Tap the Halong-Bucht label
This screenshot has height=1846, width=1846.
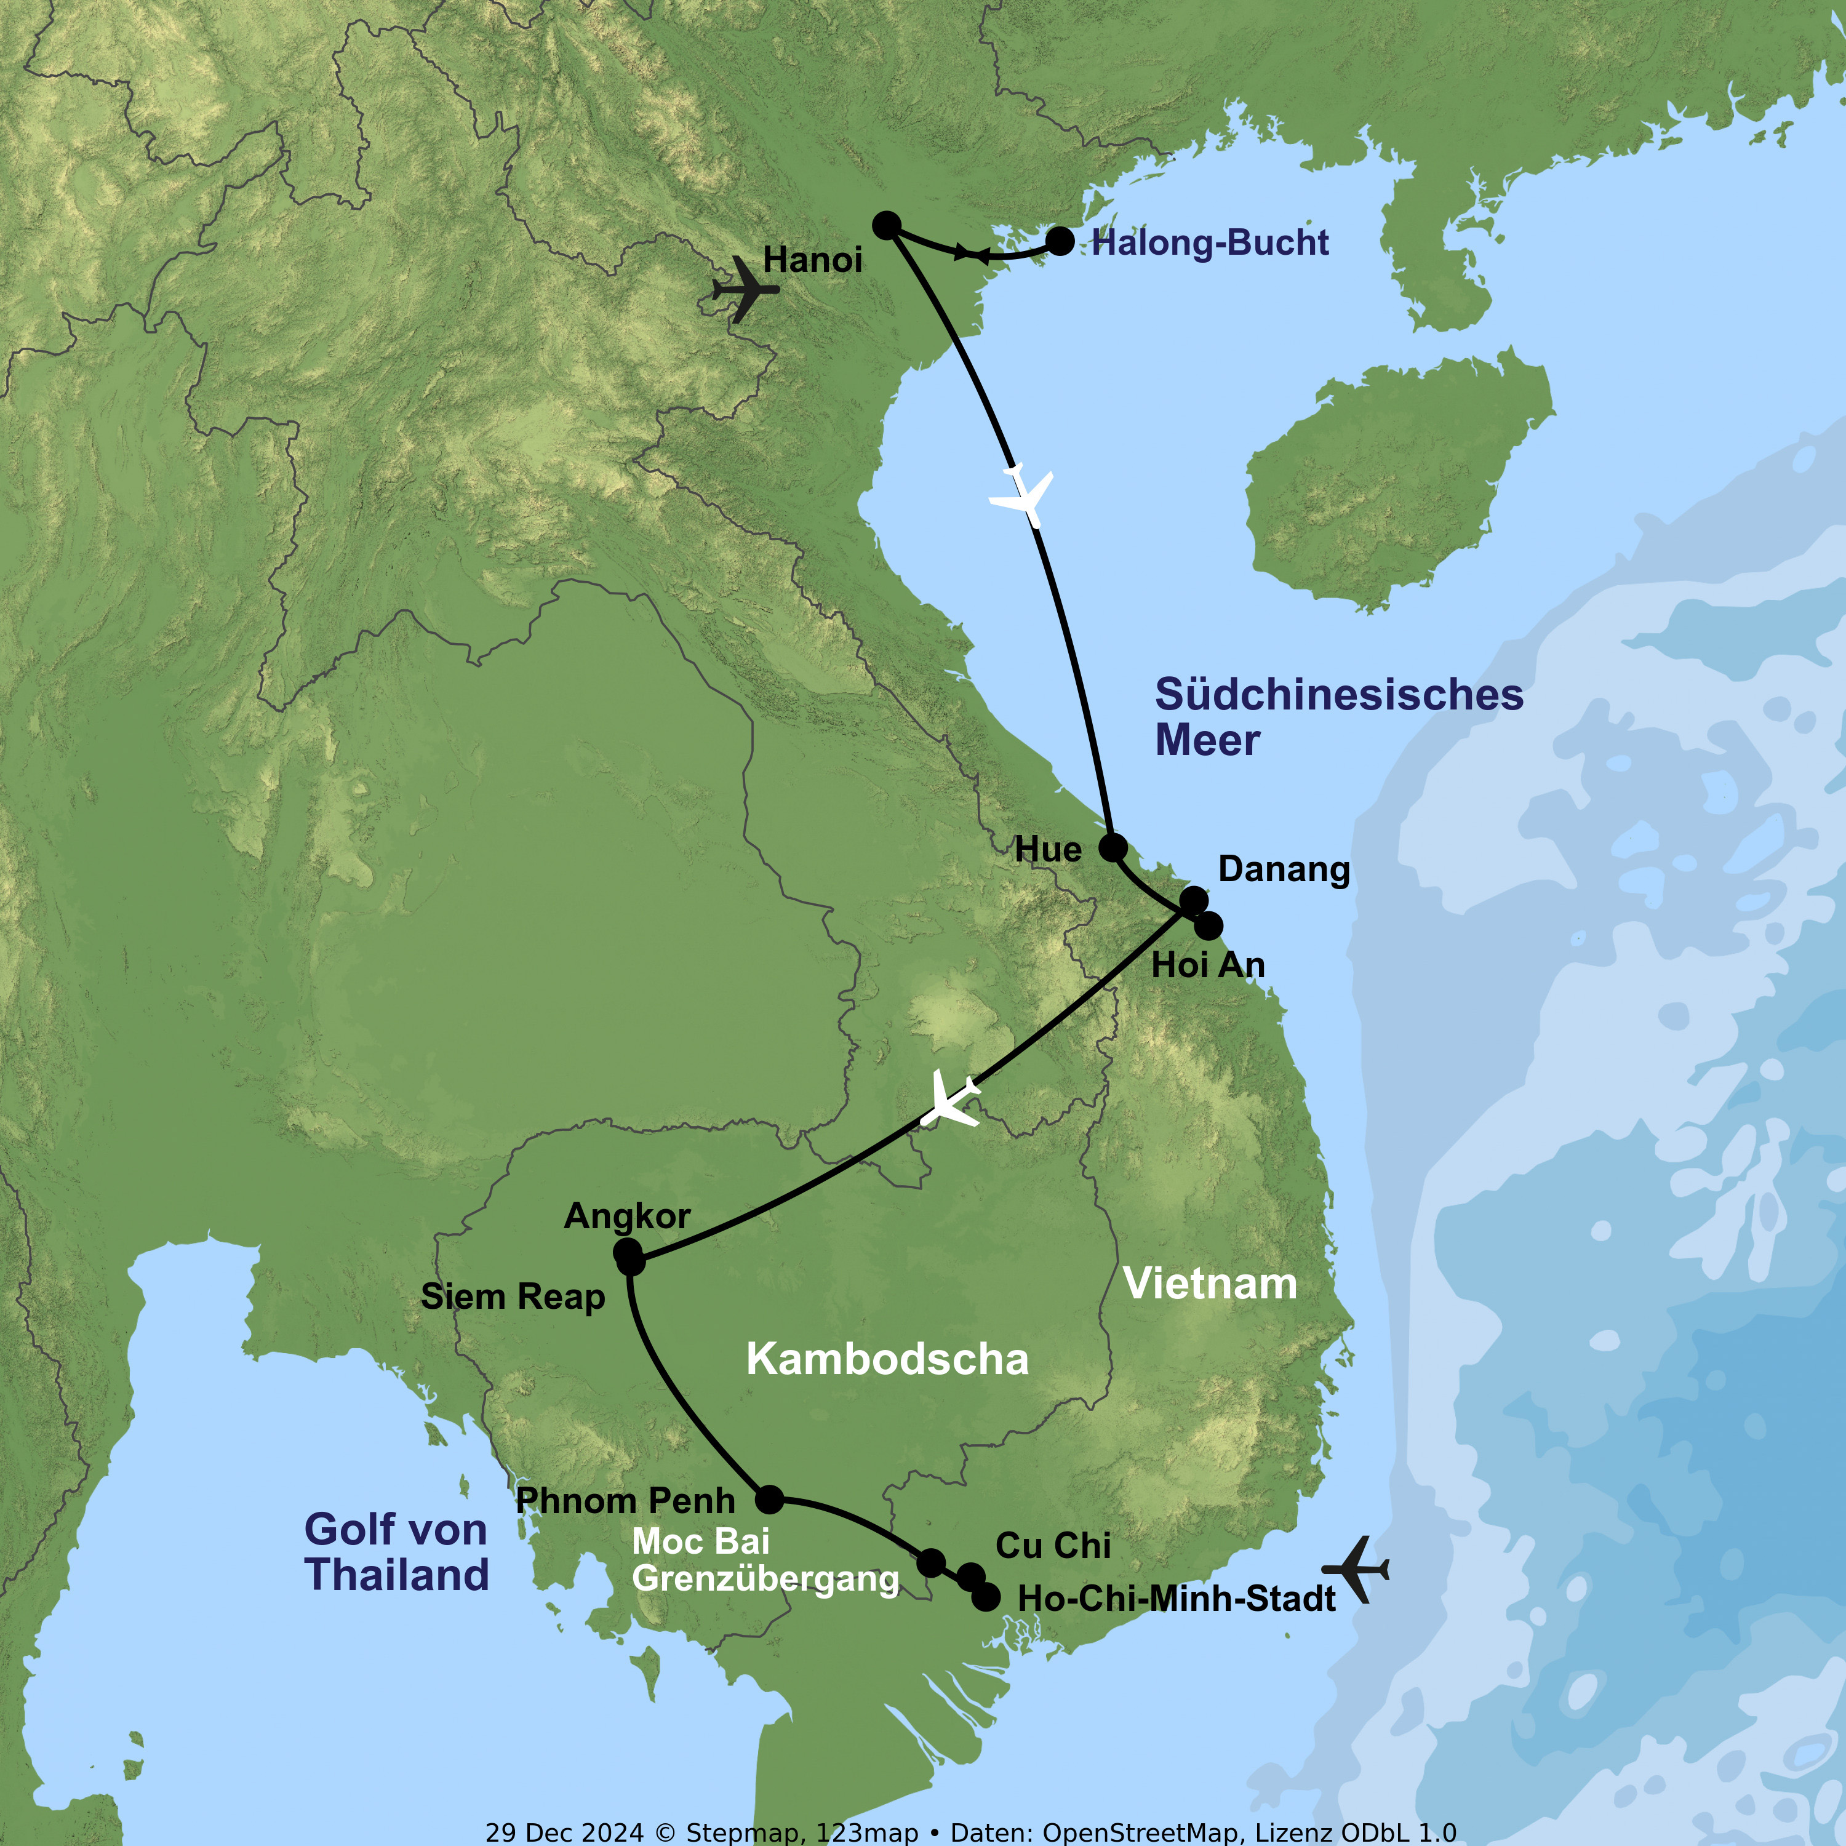tap(1210, 244)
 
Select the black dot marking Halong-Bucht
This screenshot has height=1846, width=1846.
tap(1060, 241)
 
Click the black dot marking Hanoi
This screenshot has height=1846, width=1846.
tap(887, 225)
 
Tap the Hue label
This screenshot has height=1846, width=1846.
tap(1048, 849)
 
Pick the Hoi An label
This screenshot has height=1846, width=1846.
tap(1208, 965)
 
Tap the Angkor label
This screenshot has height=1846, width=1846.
tap(627, 1217)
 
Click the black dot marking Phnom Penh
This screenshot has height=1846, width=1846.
tap(769, 1499)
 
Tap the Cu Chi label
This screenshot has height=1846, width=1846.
tap(1053, 1546)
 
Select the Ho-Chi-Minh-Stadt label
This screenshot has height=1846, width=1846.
tap(1176, 1599)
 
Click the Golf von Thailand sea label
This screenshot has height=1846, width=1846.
tap(396, 1552)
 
